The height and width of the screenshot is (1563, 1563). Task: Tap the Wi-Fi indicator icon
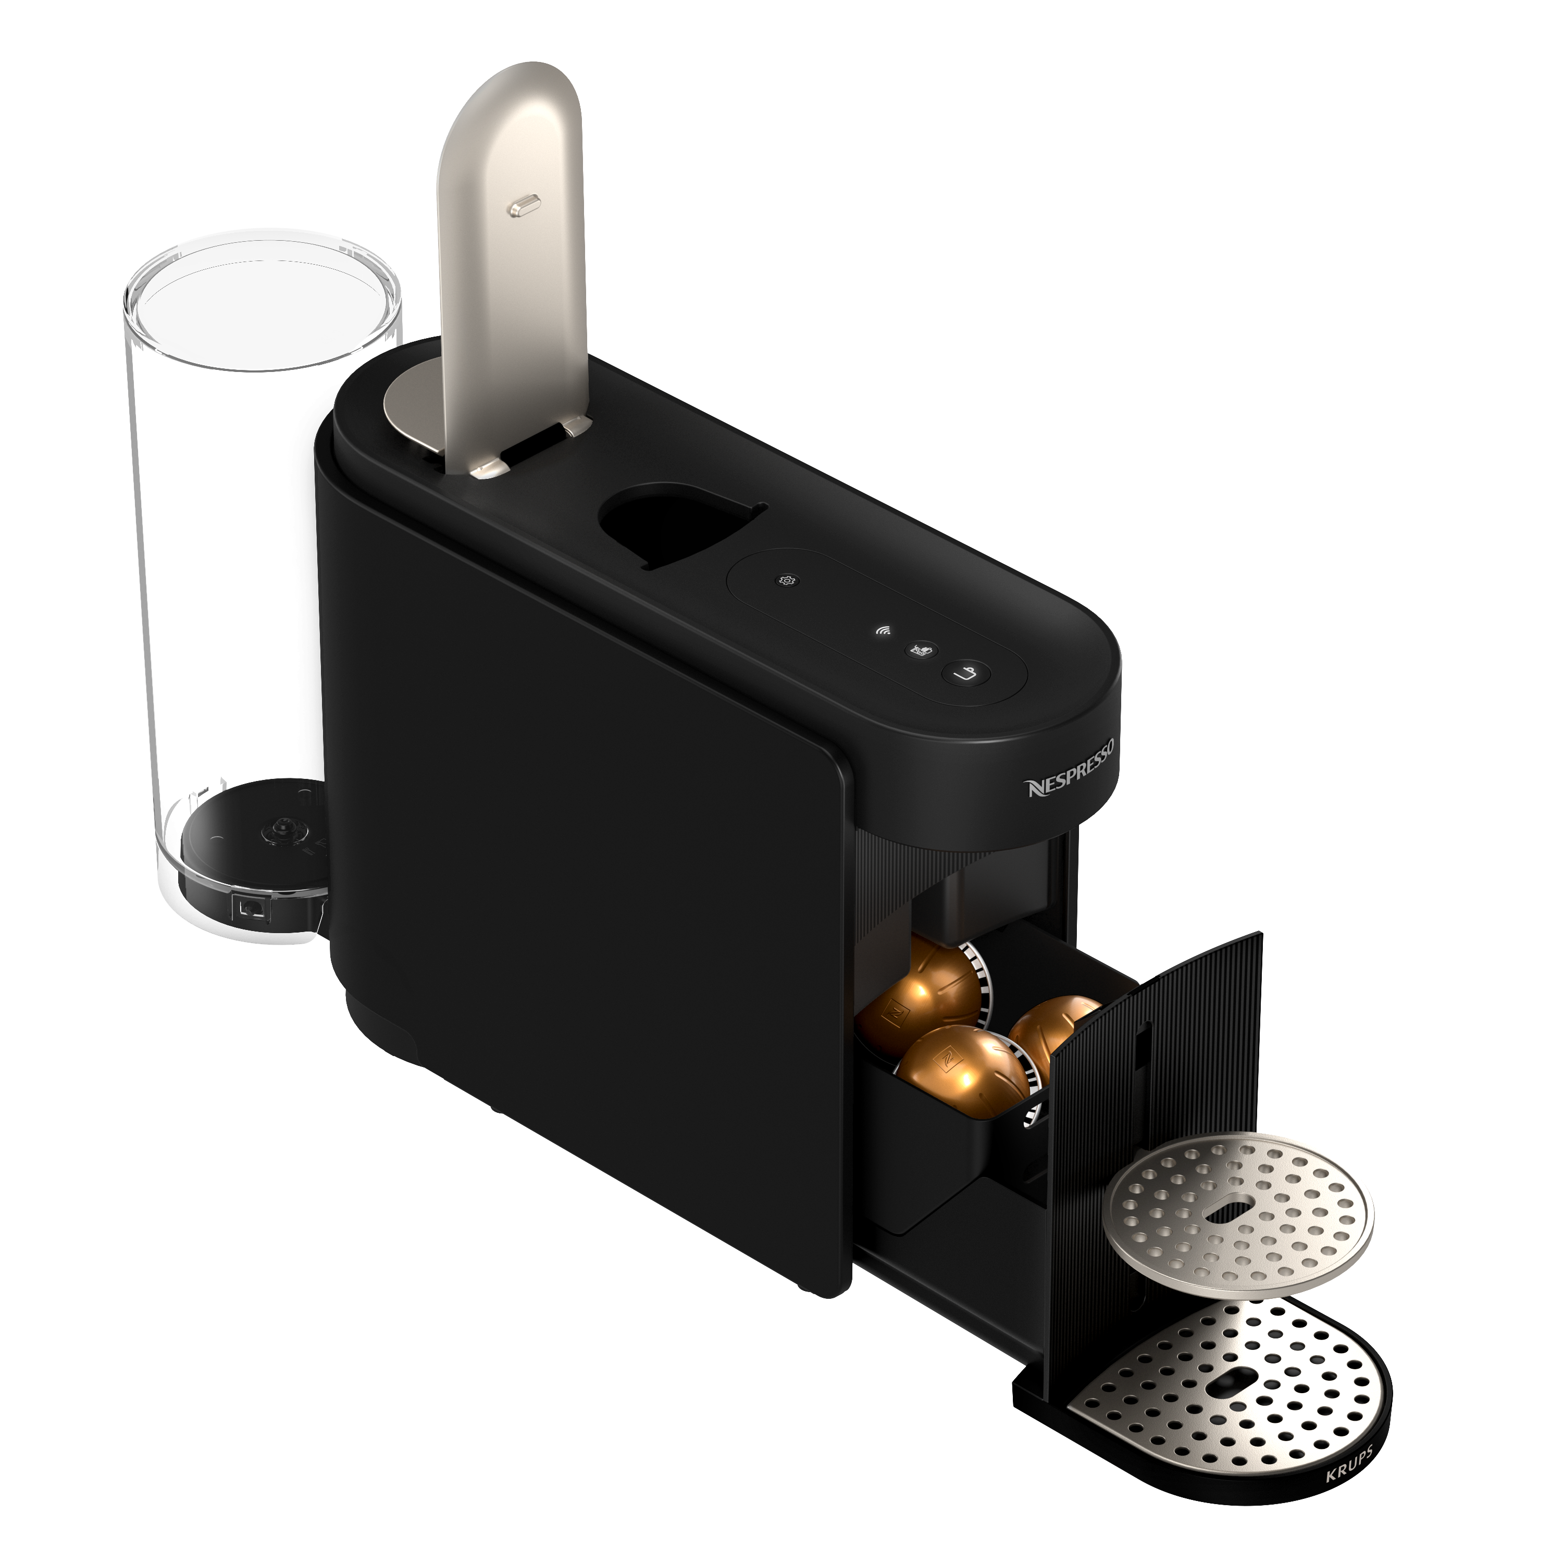point(884,631)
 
